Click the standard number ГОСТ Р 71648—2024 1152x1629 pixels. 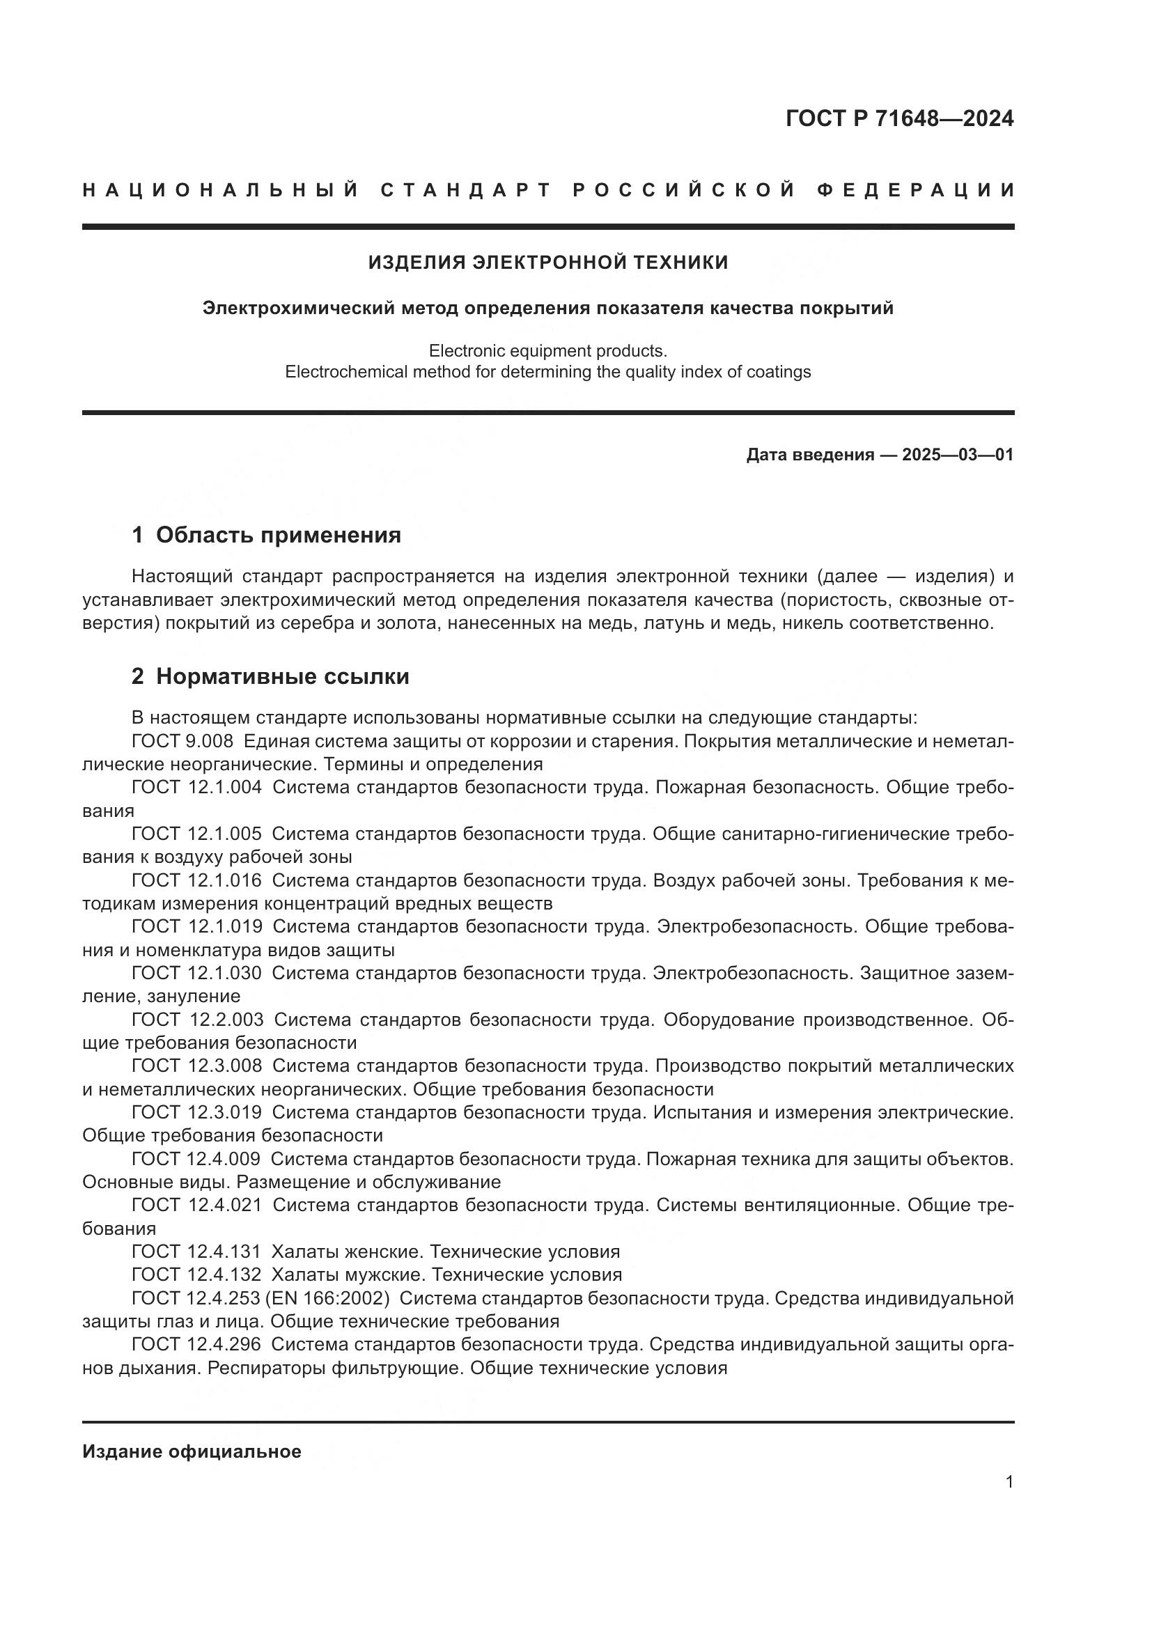pos(898,118)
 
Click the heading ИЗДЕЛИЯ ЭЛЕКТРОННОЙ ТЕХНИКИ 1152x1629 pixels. pos(547,263)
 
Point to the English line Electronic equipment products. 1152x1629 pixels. pos(547,350)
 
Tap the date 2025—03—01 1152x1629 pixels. pos(958,455)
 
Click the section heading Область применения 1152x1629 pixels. pos(278,535)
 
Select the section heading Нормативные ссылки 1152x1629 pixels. pos(282,676)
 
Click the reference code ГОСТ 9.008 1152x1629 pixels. pos(182,742)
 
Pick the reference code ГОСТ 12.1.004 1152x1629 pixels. pos(196,788)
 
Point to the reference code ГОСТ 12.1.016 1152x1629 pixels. pos(196,880)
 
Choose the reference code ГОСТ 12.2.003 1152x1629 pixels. pos(197,1020)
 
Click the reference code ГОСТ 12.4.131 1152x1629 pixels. pos(196,1252)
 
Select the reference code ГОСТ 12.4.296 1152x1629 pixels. pos(196,1344)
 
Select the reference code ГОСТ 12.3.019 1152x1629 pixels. pos(196,1112)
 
